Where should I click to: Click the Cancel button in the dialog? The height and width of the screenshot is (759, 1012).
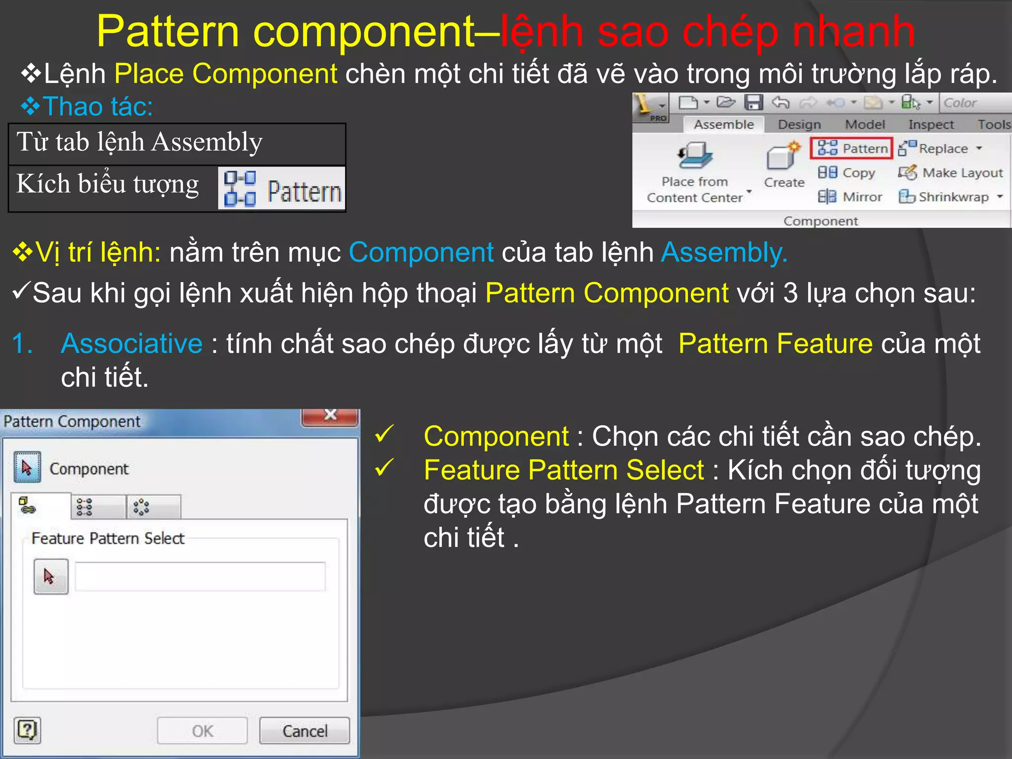coord(304,731)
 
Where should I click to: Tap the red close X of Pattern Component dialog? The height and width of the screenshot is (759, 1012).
coord(330,416)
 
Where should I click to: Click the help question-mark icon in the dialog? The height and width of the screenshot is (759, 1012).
coord(27,730)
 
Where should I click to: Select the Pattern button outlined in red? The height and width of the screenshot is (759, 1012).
coord(851,148)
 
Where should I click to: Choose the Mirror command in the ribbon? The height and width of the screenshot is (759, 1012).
coord(850,197)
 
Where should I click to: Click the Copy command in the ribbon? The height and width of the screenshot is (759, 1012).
coord(846,172)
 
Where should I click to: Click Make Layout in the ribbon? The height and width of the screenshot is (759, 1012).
coord(951,172)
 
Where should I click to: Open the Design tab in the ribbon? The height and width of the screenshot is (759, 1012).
coord(799,125)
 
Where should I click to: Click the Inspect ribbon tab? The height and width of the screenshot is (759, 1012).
coord(931,125)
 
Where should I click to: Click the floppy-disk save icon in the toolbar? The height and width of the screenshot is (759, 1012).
coord(754,103)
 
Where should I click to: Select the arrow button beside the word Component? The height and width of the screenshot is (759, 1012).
coord(27,467)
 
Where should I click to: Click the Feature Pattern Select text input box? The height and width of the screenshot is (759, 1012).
coord(200,576)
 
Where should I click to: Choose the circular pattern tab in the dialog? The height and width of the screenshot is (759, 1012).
coord(142,507)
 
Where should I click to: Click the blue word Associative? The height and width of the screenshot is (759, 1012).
coord(132,343)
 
